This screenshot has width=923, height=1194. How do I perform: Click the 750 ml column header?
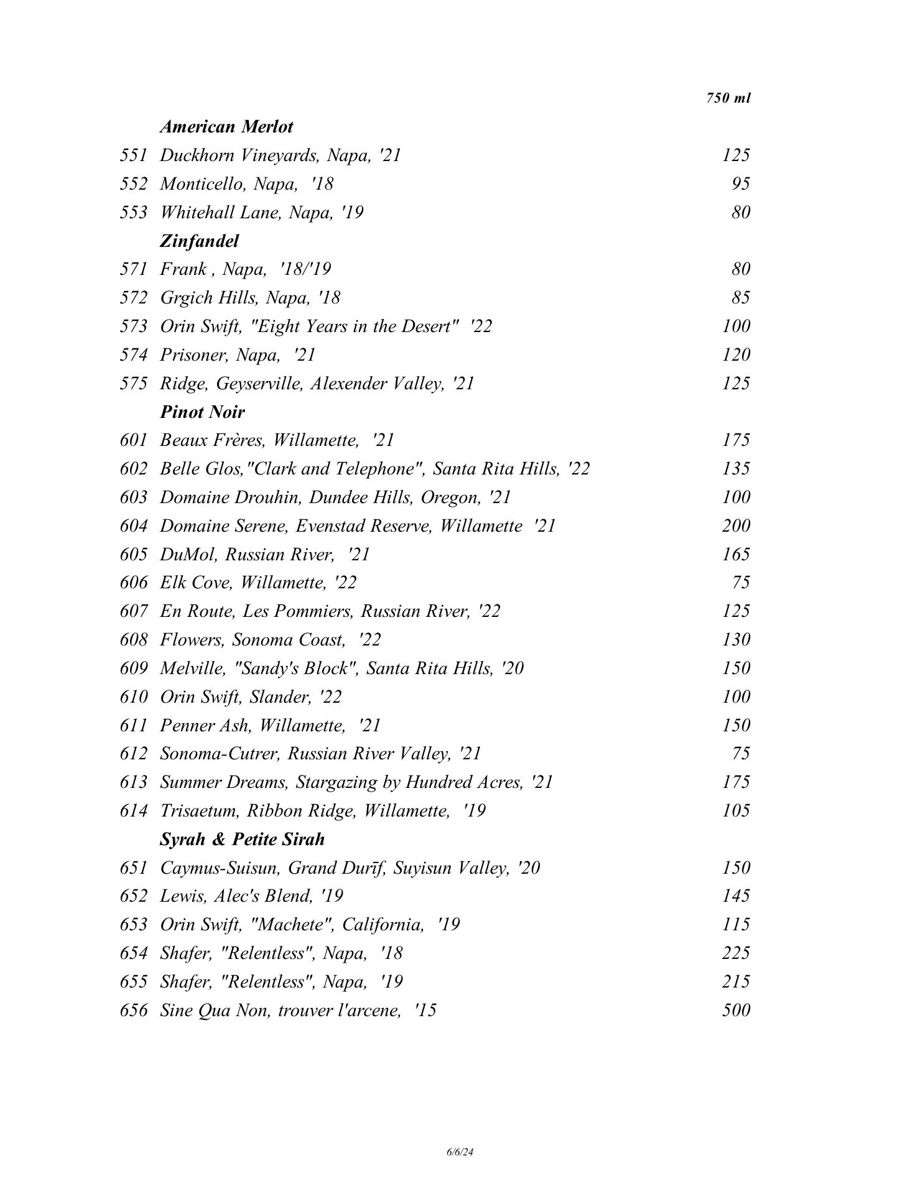pyautogui.click(x=728, y=98)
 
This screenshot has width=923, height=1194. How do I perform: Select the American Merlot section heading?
pyautogui.click(x=226, y=127)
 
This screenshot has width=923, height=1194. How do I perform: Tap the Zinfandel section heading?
pyautogui.click(x=199, y=241)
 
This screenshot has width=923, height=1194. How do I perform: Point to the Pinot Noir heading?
pyautogui.click(x=202, y=412)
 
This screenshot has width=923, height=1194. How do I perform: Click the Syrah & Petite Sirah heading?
pyautogui.click(x=242, y=840)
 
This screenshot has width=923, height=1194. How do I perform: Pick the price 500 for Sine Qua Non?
pyautogui.click(x=736, y=1010)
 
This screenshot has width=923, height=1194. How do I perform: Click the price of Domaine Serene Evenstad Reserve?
pyautogui.click(x=736, y=526)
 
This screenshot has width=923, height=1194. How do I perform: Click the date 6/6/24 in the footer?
pyautogui.click(x=460, y=1152)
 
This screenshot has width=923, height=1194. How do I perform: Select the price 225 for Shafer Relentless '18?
pyautogui.click(x=736, y=953)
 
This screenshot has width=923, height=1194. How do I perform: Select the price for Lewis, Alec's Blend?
pyautogui.click(x=736, y=896)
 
